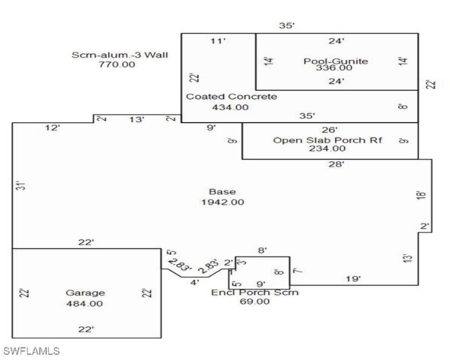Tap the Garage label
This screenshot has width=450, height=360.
coord(85,293)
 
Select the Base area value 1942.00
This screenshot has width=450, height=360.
coord(223,202)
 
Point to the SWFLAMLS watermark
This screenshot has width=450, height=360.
coord(31,351)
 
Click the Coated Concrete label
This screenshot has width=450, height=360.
coord(231,96)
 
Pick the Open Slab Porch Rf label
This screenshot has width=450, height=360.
coord(327,140)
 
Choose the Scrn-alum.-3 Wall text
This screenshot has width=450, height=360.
coord(119,55)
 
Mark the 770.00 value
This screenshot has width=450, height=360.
coord(117,64)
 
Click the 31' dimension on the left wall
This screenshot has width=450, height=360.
coord(21,185)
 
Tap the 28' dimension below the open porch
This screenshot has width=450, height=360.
coord(336,164)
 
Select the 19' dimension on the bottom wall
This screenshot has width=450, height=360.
coord(353,279)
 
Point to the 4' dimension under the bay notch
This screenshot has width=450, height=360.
coord(194,282)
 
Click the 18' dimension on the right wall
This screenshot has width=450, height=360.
coord(421,195)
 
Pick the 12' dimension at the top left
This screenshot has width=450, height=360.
coord(52,127)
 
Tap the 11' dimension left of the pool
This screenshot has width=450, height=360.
coord(218,41)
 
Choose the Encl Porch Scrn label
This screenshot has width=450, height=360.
coord(255,292)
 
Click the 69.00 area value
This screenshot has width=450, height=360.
coord(255,302)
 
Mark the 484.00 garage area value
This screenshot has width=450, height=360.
coord(85,304)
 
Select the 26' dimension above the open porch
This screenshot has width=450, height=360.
coord(329,130)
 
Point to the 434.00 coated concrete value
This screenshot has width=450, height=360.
coord(230,107)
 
